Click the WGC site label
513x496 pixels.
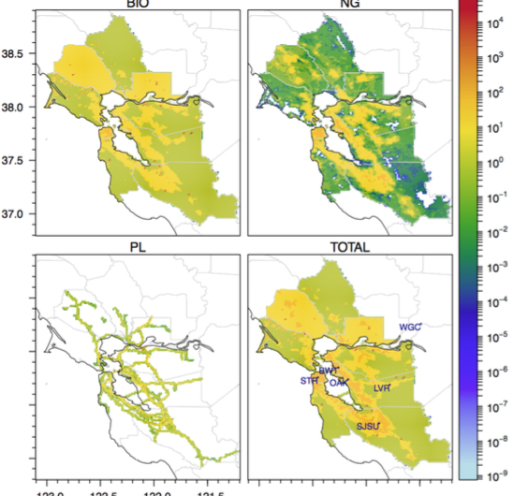pos(410,328)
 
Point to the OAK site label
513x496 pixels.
pos(339,383)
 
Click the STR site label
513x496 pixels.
pos(308,380)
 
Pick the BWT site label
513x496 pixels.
pos(328,371)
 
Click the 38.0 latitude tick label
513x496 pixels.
pos(13,107)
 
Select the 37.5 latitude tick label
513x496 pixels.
pos(13,160)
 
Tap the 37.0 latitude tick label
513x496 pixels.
pos(13,214)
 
